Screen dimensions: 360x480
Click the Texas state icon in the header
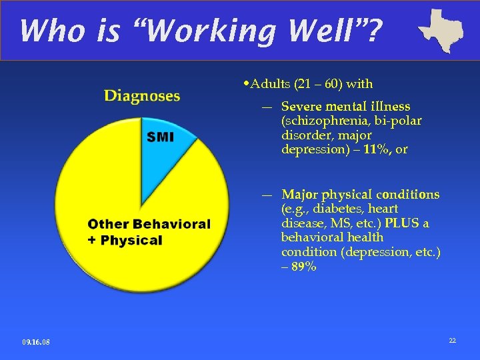[x=441, y=29]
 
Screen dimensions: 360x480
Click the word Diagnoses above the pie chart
[x=141, y=96]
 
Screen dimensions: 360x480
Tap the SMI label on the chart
[x=160, y=137]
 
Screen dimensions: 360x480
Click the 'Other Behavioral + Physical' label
[x=149, y=232]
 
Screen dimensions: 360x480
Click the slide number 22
[x=452, y=341]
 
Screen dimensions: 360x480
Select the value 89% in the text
[x=303, y=267]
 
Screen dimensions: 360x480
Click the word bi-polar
[x=400, y=121]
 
